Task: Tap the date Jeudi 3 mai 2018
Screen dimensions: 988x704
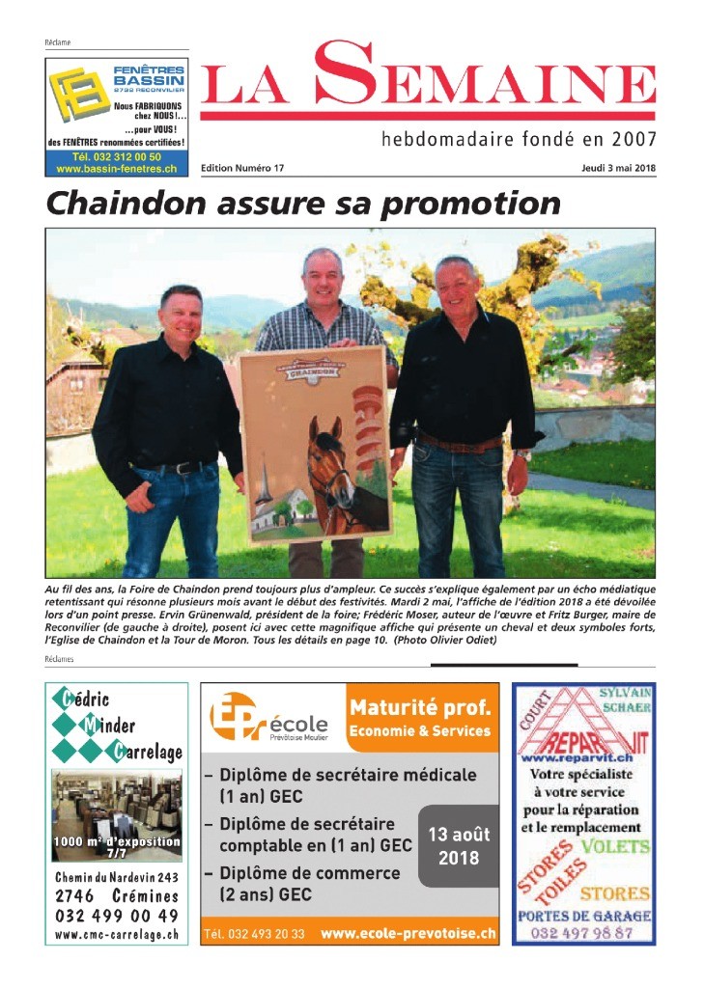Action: (x=618, y=168)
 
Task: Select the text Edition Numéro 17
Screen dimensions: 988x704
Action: (x=242, y=168)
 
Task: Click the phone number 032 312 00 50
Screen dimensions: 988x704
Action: (x=116, y=156)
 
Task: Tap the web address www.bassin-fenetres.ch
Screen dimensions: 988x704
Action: (x=116, y=169)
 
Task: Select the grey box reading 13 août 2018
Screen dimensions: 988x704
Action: (x=458, y=845)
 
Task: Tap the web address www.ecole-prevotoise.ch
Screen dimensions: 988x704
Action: (x=408, y=934)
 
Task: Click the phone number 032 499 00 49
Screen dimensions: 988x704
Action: (x=117, y=916)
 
